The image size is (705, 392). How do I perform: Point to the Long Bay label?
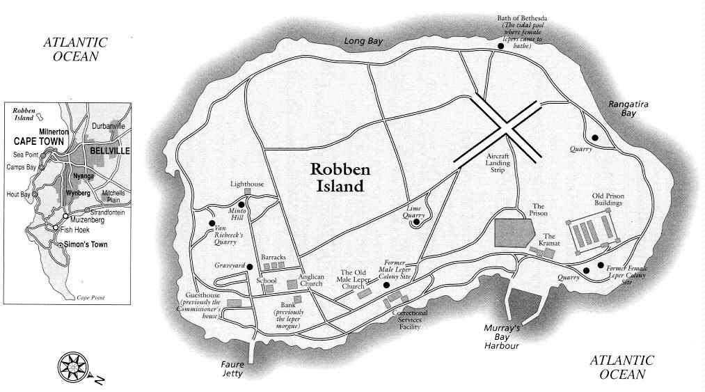(x=365, y=42)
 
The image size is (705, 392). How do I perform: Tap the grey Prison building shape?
(x=514, y=230)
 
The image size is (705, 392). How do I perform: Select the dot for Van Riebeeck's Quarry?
(x=212, y=223)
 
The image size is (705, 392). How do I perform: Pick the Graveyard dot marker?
(x=250, y=267)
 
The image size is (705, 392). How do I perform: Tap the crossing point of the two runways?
(x=506, y=129)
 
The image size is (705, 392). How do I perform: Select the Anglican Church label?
(x=311, y=281)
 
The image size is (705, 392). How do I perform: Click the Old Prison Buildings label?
(x=610, y=200)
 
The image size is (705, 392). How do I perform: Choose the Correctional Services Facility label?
(x=409, y=320)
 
